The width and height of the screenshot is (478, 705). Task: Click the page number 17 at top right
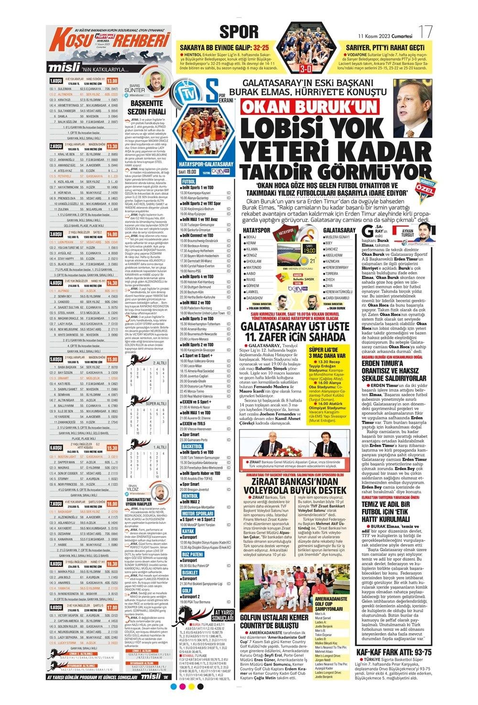pyautogui.click(x=425, y=32)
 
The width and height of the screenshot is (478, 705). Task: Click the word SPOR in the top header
pyautogui.click(x=239, y=33)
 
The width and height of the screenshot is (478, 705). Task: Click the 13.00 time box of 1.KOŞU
pyautogui.click(x=112, y=81)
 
